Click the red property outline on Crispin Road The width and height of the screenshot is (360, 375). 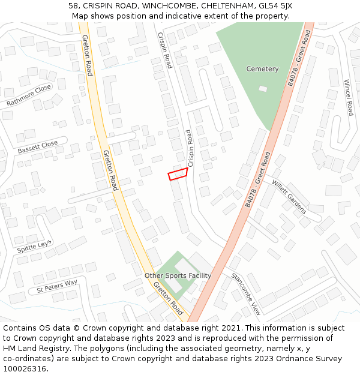[x=178, y=174]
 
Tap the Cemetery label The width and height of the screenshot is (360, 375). [x=262, y=69]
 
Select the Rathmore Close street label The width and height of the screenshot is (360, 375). [x=29, y=96]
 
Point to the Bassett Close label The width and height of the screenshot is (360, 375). [x=37, y=146]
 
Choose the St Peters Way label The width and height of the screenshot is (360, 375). [x=57, y=286]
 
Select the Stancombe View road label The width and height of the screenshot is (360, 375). [x=246, y=294]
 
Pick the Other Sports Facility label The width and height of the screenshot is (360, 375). [x=178, y=275]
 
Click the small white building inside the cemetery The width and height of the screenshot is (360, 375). [x=263, y=89]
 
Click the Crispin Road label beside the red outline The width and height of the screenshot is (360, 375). [x=191, y=148]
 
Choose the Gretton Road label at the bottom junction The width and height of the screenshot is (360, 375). [x=168, y=298]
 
